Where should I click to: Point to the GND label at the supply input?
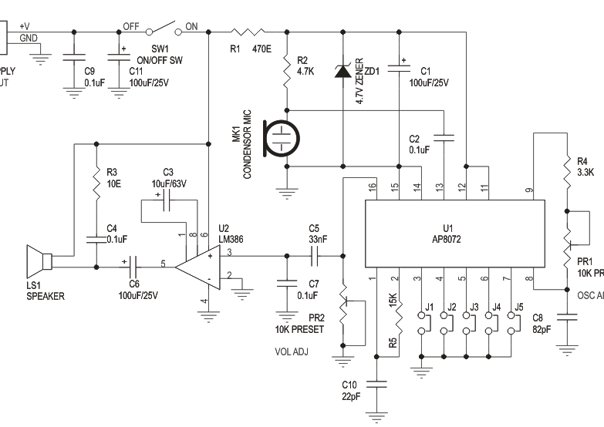[x=28, y=38]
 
